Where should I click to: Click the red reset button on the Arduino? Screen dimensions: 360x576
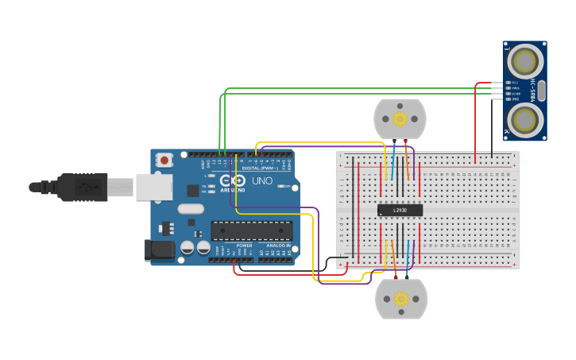pos(164,160)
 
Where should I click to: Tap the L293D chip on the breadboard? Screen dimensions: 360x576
pos(400,210)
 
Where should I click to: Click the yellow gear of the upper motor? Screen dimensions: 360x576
pos(400,119)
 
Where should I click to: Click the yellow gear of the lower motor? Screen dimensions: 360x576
pos(401,299)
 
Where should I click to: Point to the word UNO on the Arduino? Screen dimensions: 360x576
pos(262,182)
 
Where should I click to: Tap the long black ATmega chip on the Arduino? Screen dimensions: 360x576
pos(251,230)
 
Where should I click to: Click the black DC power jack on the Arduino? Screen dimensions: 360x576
pos(159,250)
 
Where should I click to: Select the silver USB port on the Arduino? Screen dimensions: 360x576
pos(153,188)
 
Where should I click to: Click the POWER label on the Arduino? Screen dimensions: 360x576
pos(245,246)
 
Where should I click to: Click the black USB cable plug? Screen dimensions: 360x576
pos(79,188)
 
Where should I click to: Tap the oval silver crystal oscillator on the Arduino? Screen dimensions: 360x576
pos(191,209)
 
